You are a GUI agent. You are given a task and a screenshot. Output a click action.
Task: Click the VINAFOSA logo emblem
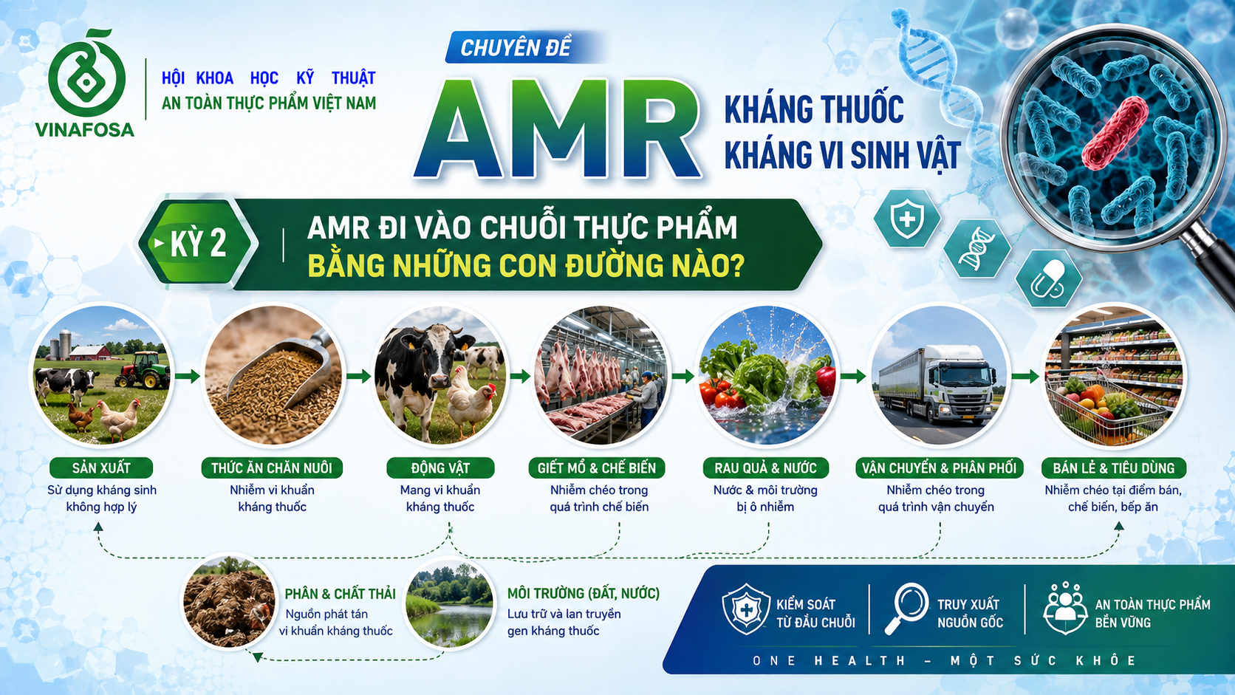[x=86, y=75]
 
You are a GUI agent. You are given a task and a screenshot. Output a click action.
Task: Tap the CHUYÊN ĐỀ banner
[x=516, y=48]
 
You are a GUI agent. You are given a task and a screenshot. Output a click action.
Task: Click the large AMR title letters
[x=558, y=130]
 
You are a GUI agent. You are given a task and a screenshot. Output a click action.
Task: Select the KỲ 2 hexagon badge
[x=197, y=243]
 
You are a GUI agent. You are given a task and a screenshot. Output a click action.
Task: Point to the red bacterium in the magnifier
[x=1115, y=133]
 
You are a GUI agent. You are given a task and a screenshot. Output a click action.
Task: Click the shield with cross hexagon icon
[x=907, y=219]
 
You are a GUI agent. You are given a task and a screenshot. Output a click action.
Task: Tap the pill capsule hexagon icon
[x=1048, y=279]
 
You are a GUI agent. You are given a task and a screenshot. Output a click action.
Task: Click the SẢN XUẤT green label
[x=101, y=468]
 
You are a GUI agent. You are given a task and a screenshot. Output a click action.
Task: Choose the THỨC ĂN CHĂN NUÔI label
[x=272, y=468]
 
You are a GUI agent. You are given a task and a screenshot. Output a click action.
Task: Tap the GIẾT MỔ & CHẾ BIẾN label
[x=597, y=468]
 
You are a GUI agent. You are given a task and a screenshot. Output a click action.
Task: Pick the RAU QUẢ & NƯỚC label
[x=765, y=468]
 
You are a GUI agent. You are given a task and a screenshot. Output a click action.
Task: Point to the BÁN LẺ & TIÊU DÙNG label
[x=1114, y=468]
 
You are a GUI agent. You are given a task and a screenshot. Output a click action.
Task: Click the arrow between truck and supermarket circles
[x=1025, y=377]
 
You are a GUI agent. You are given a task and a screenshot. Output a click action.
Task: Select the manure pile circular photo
[x=230, y=601]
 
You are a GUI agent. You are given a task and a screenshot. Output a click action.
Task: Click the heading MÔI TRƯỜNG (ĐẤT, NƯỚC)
[x=584, y=593]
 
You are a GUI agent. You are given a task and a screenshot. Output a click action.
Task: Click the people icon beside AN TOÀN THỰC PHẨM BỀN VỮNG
[x=1065, y=608]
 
